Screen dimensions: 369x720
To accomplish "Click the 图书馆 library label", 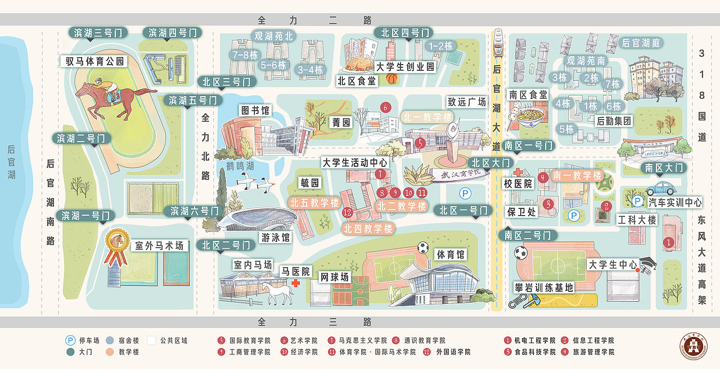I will (255, 110).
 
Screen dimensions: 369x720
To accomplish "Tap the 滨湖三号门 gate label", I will (98, 33).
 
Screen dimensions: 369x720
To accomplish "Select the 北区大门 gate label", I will (489, 163).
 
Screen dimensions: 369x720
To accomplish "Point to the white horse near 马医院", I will (279, 292).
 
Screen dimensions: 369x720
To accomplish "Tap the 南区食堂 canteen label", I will (528, 95).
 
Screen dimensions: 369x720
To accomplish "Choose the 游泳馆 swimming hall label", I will (276, 238).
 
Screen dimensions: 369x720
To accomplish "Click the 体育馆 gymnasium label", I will (451, 254).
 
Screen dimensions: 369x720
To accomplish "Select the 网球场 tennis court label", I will (334, 277).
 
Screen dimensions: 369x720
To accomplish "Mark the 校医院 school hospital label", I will (517, 184).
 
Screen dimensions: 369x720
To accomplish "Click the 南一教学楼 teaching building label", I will (577, 176).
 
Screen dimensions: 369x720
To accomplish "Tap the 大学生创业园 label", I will (405, 67).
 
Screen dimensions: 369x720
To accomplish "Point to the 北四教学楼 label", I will (368, 228).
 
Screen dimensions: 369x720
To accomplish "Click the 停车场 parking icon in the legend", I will (70, 340).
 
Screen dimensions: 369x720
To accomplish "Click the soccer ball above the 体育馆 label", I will (423, 247).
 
